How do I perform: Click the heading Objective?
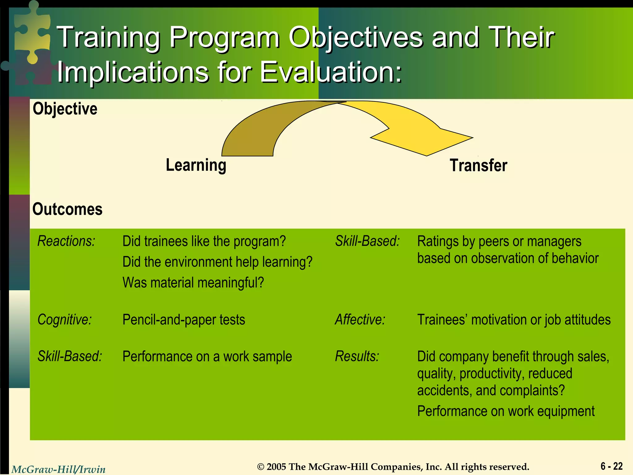point(65,109)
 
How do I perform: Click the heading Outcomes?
point(67,209)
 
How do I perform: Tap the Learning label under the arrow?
point(196,165)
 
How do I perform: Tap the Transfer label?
point(478,165)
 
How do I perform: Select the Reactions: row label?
point(66,241)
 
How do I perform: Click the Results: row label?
point(357,357)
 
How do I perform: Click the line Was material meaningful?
point(193,283)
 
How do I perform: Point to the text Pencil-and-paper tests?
point(184,320)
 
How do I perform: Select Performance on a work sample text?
point(207,357)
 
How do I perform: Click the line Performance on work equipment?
point(506,411)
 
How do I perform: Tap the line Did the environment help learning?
point(217,262)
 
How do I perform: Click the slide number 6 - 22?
point(611,466)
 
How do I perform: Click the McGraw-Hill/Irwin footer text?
point(58,469)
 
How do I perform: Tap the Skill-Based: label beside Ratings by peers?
point(367,241)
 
